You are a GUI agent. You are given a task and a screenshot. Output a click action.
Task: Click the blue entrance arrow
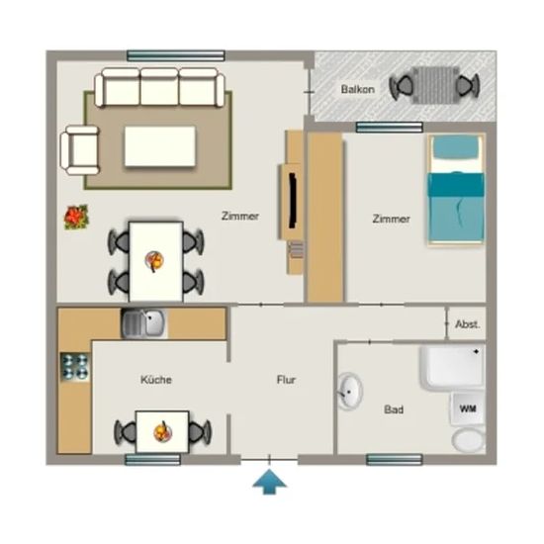click(x=270, y=482)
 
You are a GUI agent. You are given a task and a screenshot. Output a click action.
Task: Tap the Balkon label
click(x=358, y=89)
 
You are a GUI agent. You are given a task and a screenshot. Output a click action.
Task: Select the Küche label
click(x=156, y=380)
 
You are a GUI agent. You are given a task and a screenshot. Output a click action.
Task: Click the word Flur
click(x=286, y=380)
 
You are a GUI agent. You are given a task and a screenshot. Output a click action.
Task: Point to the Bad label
click(x=394, y=409)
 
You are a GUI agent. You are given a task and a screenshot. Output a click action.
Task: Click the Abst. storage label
click(x=468, y=324)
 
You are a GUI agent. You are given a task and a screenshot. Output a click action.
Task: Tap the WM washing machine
click(x=468, y=408)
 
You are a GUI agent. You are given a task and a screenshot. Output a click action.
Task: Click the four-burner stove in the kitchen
click(x=75, y=367)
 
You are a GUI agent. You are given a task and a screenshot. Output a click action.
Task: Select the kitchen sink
click(x=143, y=323)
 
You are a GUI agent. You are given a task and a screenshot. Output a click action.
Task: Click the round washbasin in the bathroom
click(x=350, y=392)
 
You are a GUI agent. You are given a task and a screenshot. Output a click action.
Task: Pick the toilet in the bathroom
click(x=468, y=439)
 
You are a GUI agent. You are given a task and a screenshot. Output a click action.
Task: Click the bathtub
click(x=453, y=366)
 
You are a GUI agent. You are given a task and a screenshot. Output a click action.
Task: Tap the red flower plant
click(x=76, y=218)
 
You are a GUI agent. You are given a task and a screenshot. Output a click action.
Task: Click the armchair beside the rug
click(x=80, y=150)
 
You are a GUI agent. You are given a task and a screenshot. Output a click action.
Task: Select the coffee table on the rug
click(x=160, y=146)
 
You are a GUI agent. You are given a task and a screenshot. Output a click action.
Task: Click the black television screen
click(x=293, y=201)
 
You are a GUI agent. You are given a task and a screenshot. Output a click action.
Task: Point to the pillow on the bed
click(x=456, y=147)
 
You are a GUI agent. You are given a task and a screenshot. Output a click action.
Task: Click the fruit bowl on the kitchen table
click(x=163, y=432)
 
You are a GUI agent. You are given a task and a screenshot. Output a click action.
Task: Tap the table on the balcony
click(x=435, y=85)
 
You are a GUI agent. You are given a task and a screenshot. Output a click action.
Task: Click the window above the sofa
click(x=176, y=55)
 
